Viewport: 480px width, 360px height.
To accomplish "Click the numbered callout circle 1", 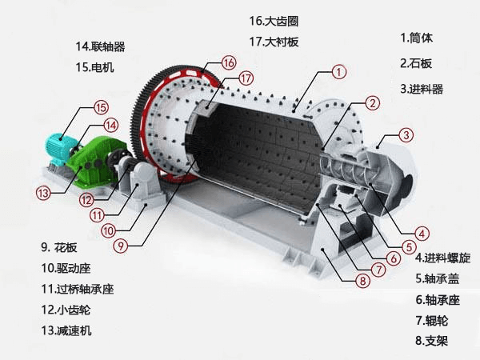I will pos(339,72).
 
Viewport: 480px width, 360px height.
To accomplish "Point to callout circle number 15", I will pos(100,107).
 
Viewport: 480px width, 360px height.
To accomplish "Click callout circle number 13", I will pos(42,192).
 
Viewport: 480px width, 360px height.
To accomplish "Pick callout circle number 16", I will pos(230,62).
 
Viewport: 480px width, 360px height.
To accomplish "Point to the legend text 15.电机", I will pos(94,67).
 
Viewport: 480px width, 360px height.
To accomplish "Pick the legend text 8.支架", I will pos(433,341).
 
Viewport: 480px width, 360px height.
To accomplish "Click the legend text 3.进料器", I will pos(421,88).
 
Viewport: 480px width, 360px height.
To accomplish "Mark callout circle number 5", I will pos(409,247).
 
